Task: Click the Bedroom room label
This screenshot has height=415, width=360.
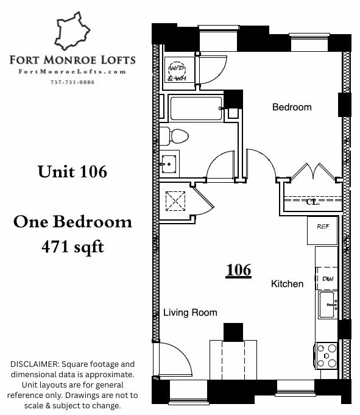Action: click(292, 107)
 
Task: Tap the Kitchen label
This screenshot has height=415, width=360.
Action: click(288, 284)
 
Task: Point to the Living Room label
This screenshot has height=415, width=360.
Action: click(190, 312)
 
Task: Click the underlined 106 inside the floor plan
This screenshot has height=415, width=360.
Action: click(239, 270)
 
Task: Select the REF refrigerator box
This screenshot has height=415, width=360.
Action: click(322, 230)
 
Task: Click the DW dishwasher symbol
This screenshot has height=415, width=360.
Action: click(327, 278)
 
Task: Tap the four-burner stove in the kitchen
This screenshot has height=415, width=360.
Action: click(326, 355)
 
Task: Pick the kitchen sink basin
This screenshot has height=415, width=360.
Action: click(328, 304)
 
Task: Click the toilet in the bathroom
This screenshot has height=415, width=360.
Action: click(174, 137)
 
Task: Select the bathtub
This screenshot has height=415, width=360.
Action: click(196, 108)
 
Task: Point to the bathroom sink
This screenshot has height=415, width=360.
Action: click(169, 164)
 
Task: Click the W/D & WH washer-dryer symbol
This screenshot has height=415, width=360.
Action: click(177, 71)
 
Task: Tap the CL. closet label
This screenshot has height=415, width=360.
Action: click(313, 202)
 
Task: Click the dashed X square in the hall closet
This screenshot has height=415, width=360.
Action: click(175, 201)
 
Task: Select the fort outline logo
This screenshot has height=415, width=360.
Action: click(72, 30)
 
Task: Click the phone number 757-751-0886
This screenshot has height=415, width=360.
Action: click(72, 82)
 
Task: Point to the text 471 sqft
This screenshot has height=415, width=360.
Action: click(72, 247)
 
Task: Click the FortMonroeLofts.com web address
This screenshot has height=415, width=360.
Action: click(72, 72)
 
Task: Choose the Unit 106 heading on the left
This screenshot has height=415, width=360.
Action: click(72, 171)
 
